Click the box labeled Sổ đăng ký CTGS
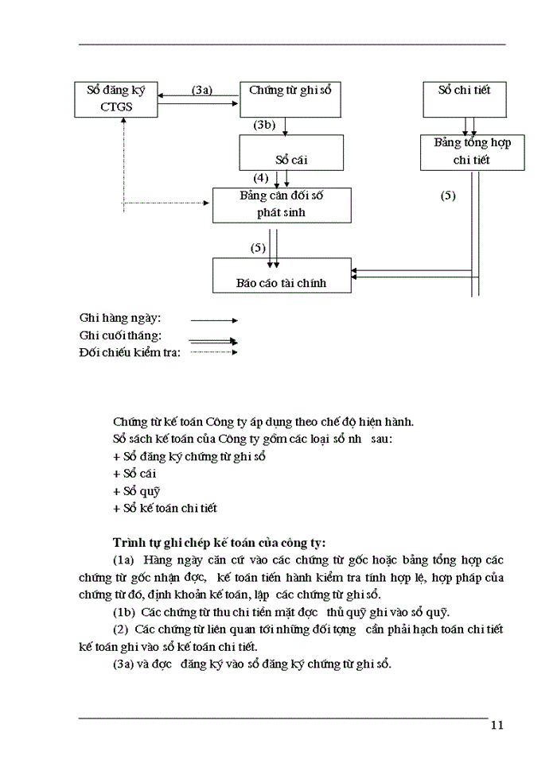(117, 99)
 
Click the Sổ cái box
(291, 153)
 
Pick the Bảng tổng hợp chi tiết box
(473, 152)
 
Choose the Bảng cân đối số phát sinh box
(281, 205)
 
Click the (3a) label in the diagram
(202, 91)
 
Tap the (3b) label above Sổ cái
(264, 126)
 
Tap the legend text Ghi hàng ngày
(120, 318)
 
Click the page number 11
(497, 724)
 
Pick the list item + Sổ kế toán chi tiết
(166, 508)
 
